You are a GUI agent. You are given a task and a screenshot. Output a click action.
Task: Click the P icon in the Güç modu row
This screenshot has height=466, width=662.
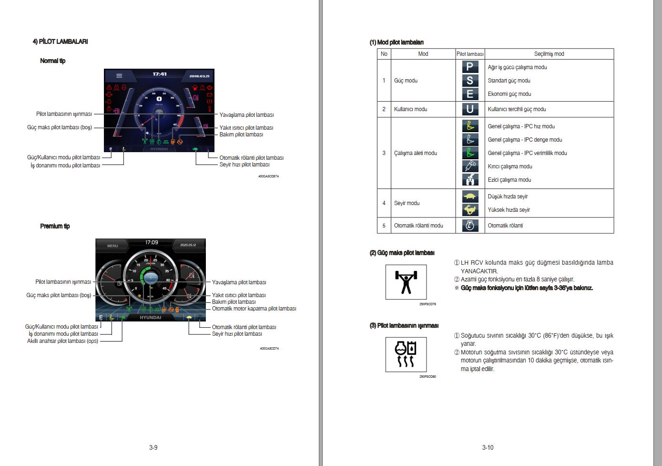[x=469, y=67]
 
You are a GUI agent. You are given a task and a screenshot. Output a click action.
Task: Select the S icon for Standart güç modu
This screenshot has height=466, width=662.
[x=469, y=81]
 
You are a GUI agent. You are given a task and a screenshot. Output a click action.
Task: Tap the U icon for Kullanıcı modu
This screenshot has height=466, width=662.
[x=469, y=109]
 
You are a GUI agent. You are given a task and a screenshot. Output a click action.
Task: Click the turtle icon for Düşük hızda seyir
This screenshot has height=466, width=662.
[x=469, y=197]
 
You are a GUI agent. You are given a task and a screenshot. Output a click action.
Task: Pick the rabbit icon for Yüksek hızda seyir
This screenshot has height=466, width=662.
[x=469, y=210]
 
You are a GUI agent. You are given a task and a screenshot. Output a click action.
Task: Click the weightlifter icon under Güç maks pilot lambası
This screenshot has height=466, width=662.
[x=406, y=282]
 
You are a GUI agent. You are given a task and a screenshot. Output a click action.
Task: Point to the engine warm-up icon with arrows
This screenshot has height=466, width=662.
[x=406, y=354]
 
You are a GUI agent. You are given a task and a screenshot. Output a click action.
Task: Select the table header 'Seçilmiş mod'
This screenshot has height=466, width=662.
[x=549, y=54]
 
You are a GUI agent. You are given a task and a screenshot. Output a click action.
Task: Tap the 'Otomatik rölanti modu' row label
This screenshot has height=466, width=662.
[x=418, y=226]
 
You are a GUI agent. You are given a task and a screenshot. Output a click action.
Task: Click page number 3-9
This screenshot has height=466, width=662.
[x=153, y=447]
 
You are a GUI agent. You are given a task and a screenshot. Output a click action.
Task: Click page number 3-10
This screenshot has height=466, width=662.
[x=488, y=447]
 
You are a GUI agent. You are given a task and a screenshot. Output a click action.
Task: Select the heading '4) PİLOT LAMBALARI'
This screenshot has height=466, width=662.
[x=60, y=41]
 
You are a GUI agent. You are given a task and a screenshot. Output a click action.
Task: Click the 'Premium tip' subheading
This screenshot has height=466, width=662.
[x=55, y=226]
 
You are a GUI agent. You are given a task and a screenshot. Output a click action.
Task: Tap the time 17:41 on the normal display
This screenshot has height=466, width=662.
[x=160, y=74]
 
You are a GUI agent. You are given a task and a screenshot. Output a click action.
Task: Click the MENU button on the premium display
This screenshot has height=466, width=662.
[x=112, y=246]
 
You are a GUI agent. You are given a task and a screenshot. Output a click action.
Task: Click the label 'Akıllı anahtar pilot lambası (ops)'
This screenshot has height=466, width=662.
[x=62, y=341]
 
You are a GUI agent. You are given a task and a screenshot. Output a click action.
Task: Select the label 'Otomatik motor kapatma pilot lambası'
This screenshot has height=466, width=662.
[x=254, y=309]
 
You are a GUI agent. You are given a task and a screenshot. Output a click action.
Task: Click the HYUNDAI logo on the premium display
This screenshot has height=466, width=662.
[x=150, y=318]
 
